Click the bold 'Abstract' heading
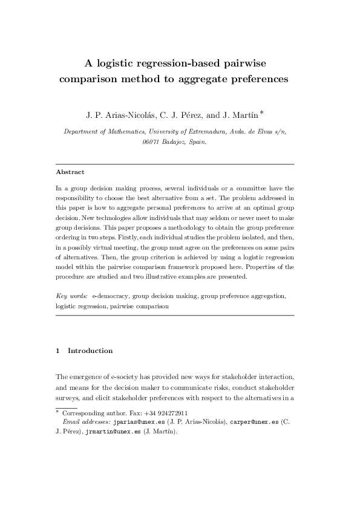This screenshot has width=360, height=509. tap(70, 172)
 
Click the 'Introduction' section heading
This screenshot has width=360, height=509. tap(90, 351)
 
